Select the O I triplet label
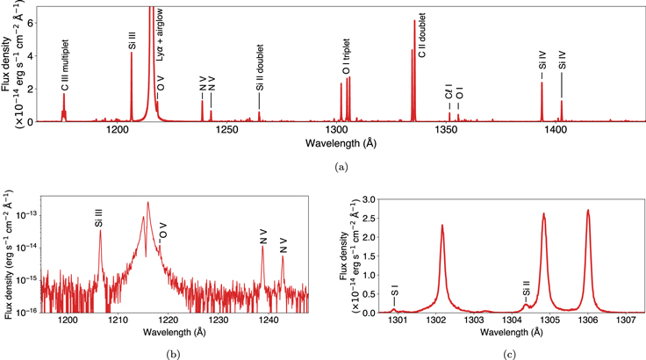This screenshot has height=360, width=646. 346,56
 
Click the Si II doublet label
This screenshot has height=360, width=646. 259,76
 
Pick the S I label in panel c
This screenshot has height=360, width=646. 395,290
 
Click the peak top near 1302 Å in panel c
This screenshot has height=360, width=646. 441,226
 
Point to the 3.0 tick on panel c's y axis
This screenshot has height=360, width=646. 370,200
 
